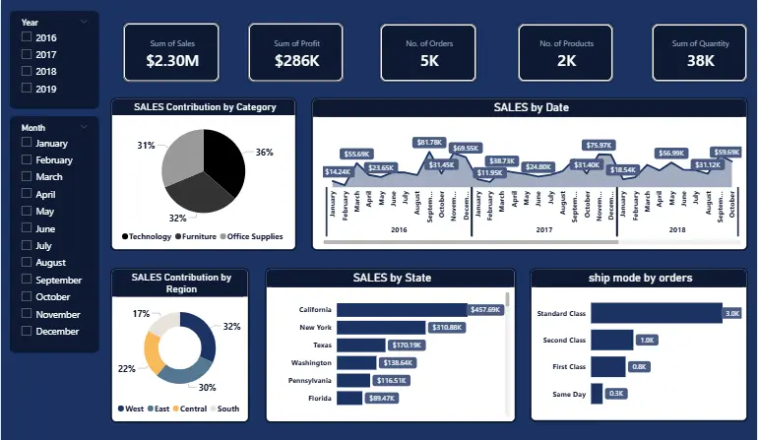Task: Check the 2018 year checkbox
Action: pyautogui.click(x=27, y=72)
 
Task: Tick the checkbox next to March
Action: pyautogui.click(x=27, y=177)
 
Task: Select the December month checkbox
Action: pyautogui.click(x=27, y=332)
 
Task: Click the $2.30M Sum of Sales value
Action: pyautogui.click(x=171, y=62)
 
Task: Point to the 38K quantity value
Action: pyautogui.click(x=701, y=62)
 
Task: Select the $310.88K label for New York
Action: pyautogui.click(x=448, y=328)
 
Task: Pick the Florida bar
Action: pyautogui.click(x=349, y=398)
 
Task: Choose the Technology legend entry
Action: pyautogui.click(x=147, y=236)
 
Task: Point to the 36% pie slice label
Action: pyautogui.click(x=264, y=153)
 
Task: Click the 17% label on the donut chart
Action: pyautogui.click(x=141, y=314)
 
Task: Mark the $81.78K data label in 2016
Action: pyautogui.click(x=429, y=143)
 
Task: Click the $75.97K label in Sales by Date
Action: pyautogui.click(x=598, y=146)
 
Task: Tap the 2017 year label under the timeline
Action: pyautogui.click(x=543, y=228)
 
